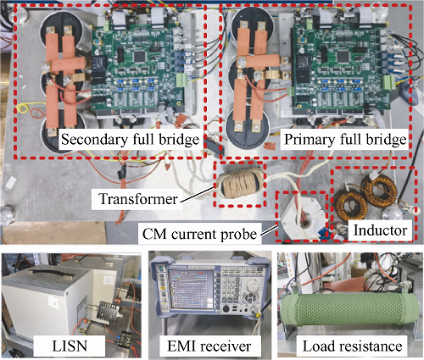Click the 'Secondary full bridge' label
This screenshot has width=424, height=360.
(131, 140)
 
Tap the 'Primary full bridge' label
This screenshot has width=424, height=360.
(345, 140)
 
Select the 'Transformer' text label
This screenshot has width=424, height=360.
(138, 199)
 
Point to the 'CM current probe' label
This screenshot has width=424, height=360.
(199, 234)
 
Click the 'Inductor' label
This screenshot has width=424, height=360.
(380, 230)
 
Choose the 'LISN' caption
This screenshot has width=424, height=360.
(70, 346)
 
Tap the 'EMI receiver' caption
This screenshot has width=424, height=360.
(209, 346)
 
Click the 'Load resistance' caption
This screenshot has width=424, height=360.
(353, 346)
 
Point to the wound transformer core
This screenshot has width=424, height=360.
(240, 183)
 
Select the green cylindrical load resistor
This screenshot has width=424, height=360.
(350, 310)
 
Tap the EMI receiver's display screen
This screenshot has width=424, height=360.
(191, 289)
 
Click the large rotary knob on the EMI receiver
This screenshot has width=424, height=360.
(251, 286)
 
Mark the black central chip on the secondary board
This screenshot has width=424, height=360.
(139, 57)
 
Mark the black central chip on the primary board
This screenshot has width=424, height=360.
(343, 56)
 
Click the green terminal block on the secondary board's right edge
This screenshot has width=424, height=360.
(180, 80)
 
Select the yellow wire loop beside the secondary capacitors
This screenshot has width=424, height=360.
(22, 108)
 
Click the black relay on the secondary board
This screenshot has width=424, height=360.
(100, 63)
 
